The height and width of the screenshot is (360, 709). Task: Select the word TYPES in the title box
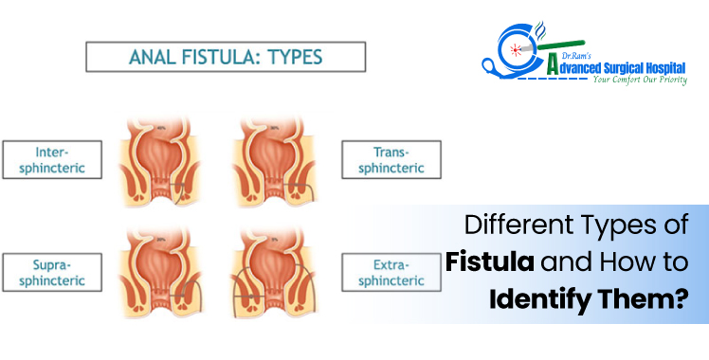coord(307,56)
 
